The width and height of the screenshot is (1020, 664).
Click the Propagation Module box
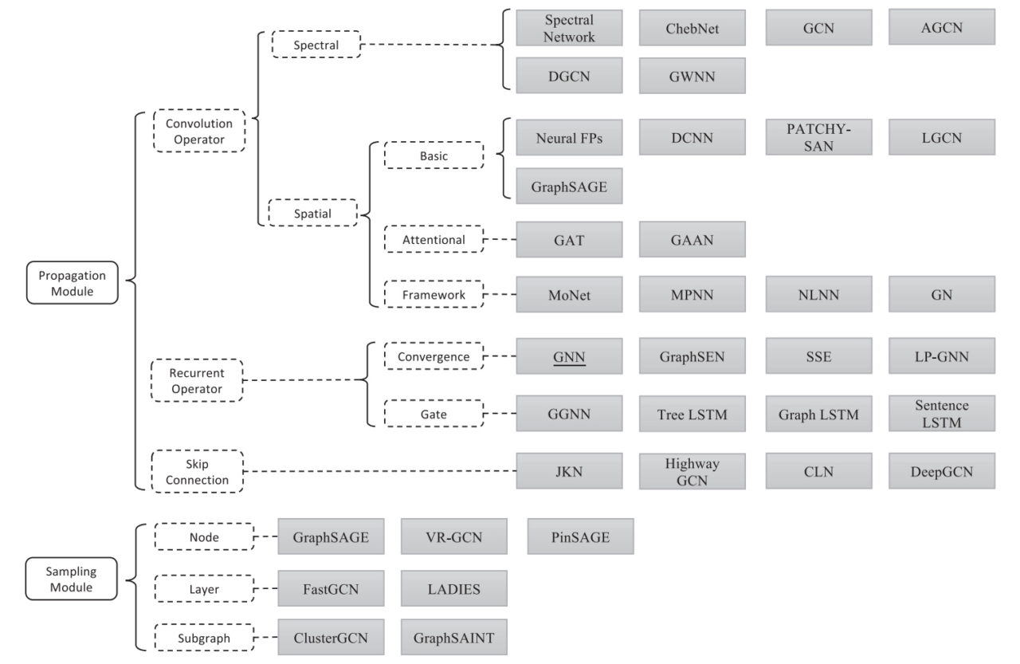[72, 283]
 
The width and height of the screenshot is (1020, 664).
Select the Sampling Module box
[72, 579]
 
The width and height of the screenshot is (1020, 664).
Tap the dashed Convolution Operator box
[199, 131]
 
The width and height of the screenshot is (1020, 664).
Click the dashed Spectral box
[316, 45]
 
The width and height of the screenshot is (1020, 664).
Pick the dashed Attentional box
[433, 239]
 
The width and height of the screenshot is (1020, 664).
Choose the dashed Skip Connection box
[198, 471]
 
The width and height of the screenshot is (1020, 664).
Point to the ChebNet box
[692, 28]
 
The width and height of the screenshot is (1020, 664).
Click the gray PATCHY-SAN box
[818, 137]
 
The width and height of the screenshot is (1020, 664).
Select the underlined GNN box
[569, 356]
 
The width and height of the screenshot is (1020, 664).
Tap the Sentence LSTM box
[941, 414]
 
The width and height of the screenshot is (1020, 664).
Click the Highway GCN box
[692, 471]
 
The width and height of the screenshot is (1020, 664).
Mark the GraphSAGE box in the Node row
[331, 536]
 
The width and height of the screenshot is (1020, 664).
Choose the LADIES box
[453, 589]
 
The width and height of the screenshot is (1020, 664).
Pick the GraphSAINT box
[453, 637]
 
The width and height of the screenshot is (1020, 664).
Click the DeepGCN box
[941, 471]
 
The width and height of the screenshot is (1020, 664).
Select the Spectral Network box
[569, 28]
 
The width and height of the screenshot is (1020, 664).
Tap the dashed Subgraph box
[203, 638]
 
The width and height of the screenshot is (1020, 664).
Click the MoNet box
[569, 294]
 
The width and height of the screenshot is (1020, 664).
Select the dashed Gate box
[433, 414]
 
